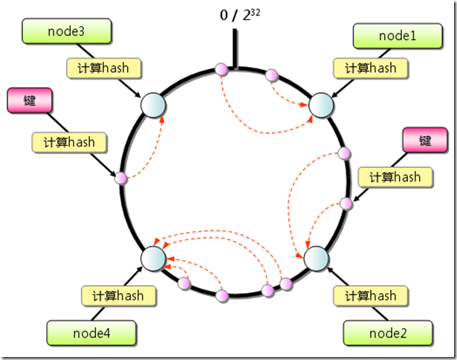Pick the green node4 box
[x=91, y=332]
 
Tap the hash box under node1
[x=371, y=68]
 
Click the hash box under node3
[x=103, y=68]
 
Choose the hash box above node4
[x=118, y=295]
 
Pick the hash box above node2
[x=371, y=295]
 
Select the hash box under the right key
[x=394, y=176]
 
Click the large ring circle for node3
[x=152, y=105]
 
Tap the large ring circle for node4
[x=153, y=258]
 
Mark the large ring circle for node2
[x=316, y=258]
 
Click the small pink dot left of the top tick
[x=220, y=69]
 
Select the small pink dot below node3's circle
[x=120, y=177]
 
